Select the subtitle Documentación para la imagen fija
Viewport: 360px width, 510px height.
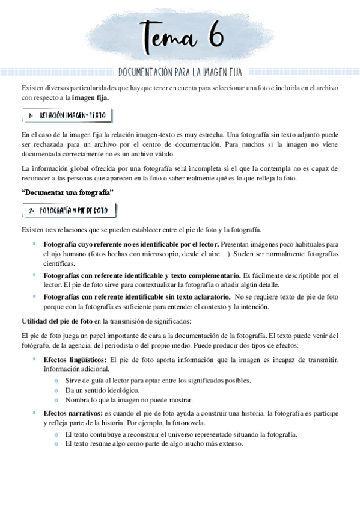180,73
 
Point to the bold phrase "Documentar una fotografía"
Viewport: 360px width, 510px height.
68,192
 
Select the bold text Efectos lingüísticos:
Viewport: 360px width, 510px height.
75,360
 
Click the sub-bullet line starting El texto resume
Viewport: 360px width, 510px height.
154,444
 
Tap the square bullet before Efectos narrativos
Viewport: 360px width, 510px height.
34,413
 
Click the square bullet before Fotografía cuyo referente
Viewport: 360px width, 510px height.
34,244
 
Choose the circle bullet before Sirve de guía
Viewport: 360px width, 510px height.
55,380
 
